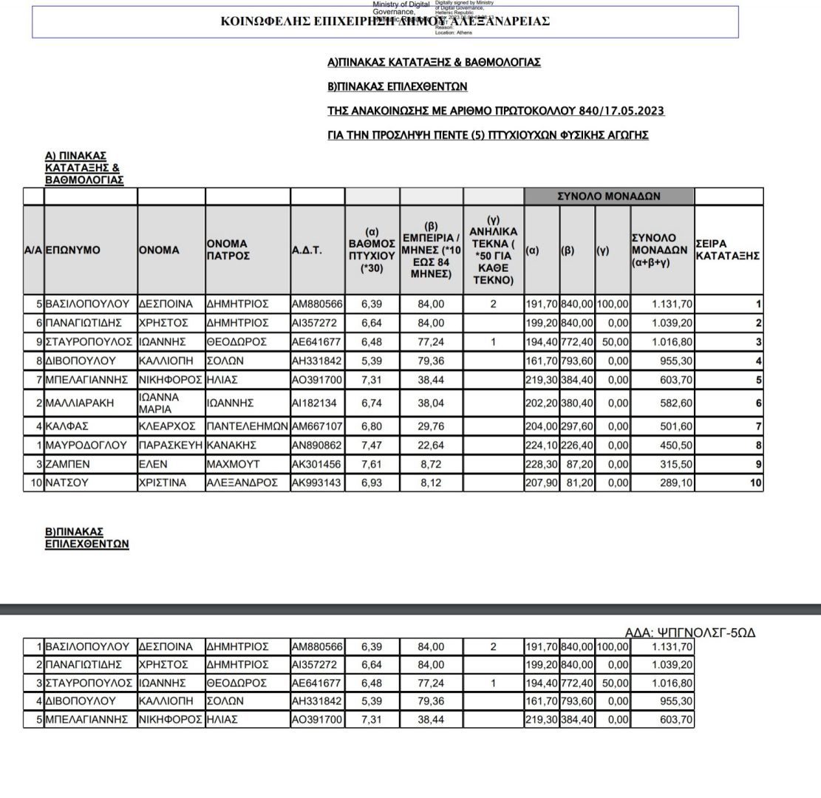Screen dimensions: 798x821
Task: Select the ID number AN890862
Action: click(x=317, y=446)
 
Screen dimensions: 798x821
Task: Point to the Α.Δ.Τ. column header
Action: click(x=307, y=250)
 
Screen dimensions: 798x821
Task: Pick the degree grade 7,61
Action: click(x=371, y=464)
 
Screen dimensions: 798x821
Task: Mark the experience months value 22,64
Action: click(x=431, y=446)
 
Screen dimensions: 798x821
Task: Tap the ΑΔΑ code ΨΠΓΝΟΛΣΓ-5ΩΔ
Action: click(x=689, y=632)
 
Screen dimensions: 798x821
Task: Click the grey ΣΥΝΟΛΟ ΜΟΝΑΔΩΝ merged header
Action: click(x=609, y=197)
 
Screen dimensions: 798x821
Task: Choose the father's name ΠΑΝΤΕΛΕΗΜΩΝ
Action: click(x=247, y=427)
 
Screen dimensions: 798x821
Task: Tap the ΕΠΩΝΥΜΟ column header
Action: click(x=73, y=250)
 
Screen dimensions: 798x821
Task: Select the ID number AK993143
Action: click(x=317, y=482)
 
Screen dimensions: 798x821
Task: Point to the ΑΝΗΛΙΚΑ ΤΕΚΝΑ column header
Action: click(x=493, y=250)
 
